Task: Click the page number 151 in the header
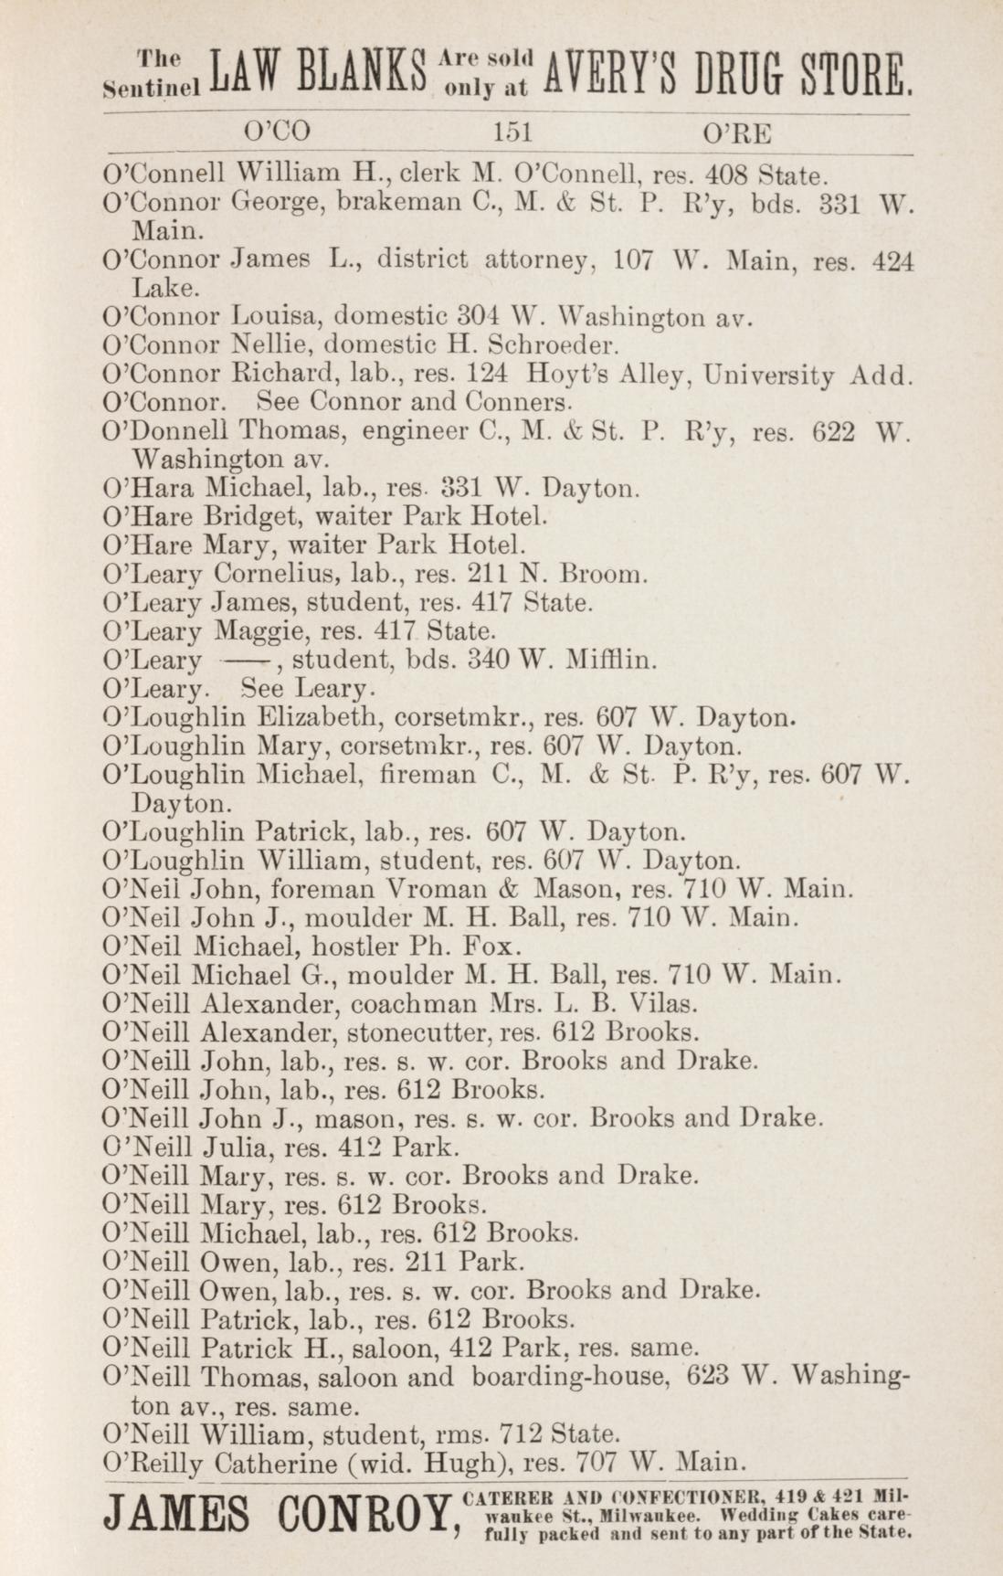point(512,133)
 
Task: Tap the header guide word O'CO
point(275,133)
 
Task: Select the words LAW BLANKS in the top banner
point(318,77)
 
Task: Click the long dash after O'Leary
point(246,660)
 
